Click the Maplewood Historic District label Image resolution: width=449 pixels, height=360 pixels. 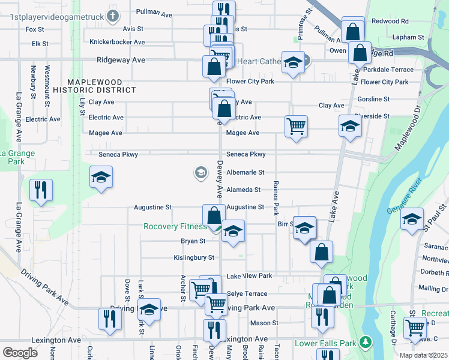tap(94, 86)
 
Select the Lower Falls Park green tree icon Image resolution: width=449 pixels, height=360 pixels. tap(364, 343)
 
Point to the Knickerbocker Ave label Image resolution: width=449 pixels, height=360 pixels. tap(117, 42)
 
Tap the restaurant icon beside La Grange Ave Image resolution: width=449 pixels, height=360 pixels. tap(41, 190)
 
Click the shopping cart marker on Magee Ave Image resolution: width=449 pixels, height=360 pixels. tap(296, 127)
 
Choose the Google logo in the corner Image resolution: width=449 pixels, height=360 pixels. tap(20, 352)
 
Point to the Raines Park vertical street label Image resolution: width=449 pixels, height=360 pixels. tap(276, 198)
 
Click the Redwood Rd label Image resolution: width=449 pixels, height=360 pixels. tap(390, 21)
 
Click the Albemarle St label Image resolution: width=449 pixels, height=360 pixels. tap(246, 172)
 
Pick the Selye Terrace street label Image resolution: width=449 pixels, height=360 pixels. tap(247, 294)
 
